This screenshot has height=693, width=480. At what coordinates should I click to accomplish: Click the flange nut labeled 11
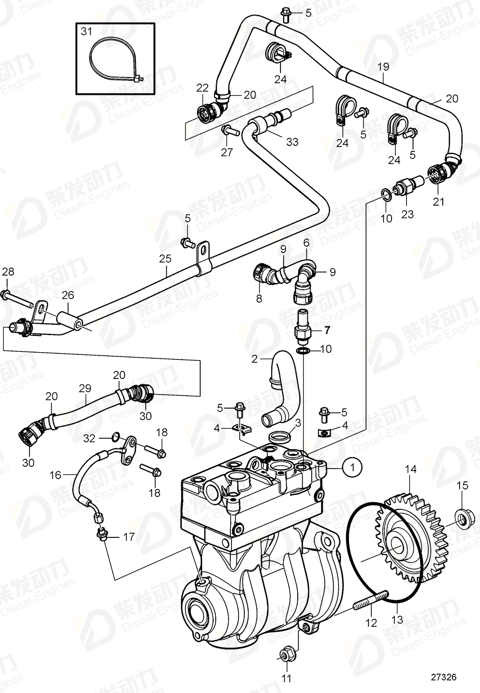tap(285, 654)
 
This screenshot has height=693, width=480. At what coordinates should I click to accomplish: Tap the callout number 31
tap(87, 32)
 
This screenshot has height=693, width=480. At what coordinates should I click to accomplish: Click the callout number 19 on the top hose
tap(383, 67)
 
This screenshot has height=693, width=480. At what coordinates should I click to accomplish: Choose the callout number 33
tap(292, 142)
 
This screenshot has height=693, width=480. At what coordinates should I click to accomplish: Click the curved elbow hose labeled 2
tap(281, 388)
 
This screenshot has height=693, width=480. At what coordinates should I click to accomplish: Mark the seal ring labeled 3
tap(278, 435)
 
